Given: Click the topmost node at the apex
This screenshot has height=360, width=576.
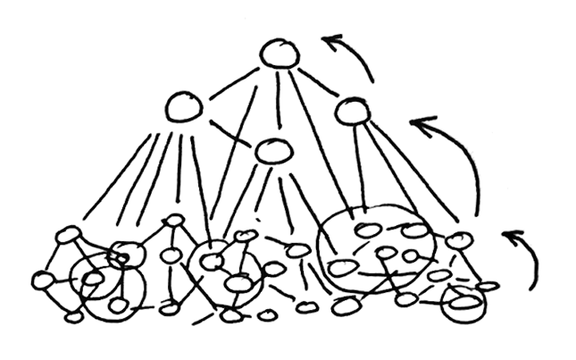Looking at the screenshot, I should point(279,54).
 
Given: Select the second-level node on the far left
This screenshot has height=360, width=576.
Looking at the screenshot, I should point(185,108).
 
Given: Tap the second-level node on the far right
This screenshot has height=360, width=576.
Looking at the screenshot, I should point(352,113).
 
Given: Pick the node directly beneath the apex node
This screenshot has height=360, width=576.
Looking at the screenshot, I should point(272,151).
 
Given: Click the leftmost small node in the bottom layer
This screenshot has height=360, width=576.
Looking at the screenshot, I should point(43,281).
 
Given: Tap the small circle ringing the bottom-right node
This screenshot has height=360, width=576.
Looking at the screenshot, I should point(463,303).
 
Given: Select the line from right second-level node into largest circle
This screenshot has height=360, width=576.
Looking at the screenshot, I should point(357,165).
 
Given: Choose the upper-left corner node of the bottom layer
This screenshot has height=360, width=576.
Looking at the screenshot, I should point(68,235).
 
